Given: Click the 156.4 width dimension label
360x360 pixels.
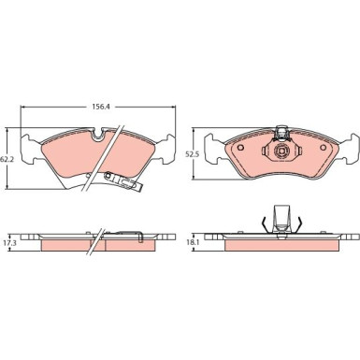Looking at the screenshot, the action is tap(99, 107).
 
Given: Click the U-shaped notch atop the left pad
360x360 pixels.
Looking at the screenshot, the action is tap(99, 134).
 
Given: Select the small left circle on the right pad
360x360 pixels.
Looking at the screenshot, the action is tap(240, 148).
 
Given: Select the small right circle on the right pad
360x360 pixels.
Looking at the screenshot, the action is tap(323, 148).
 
